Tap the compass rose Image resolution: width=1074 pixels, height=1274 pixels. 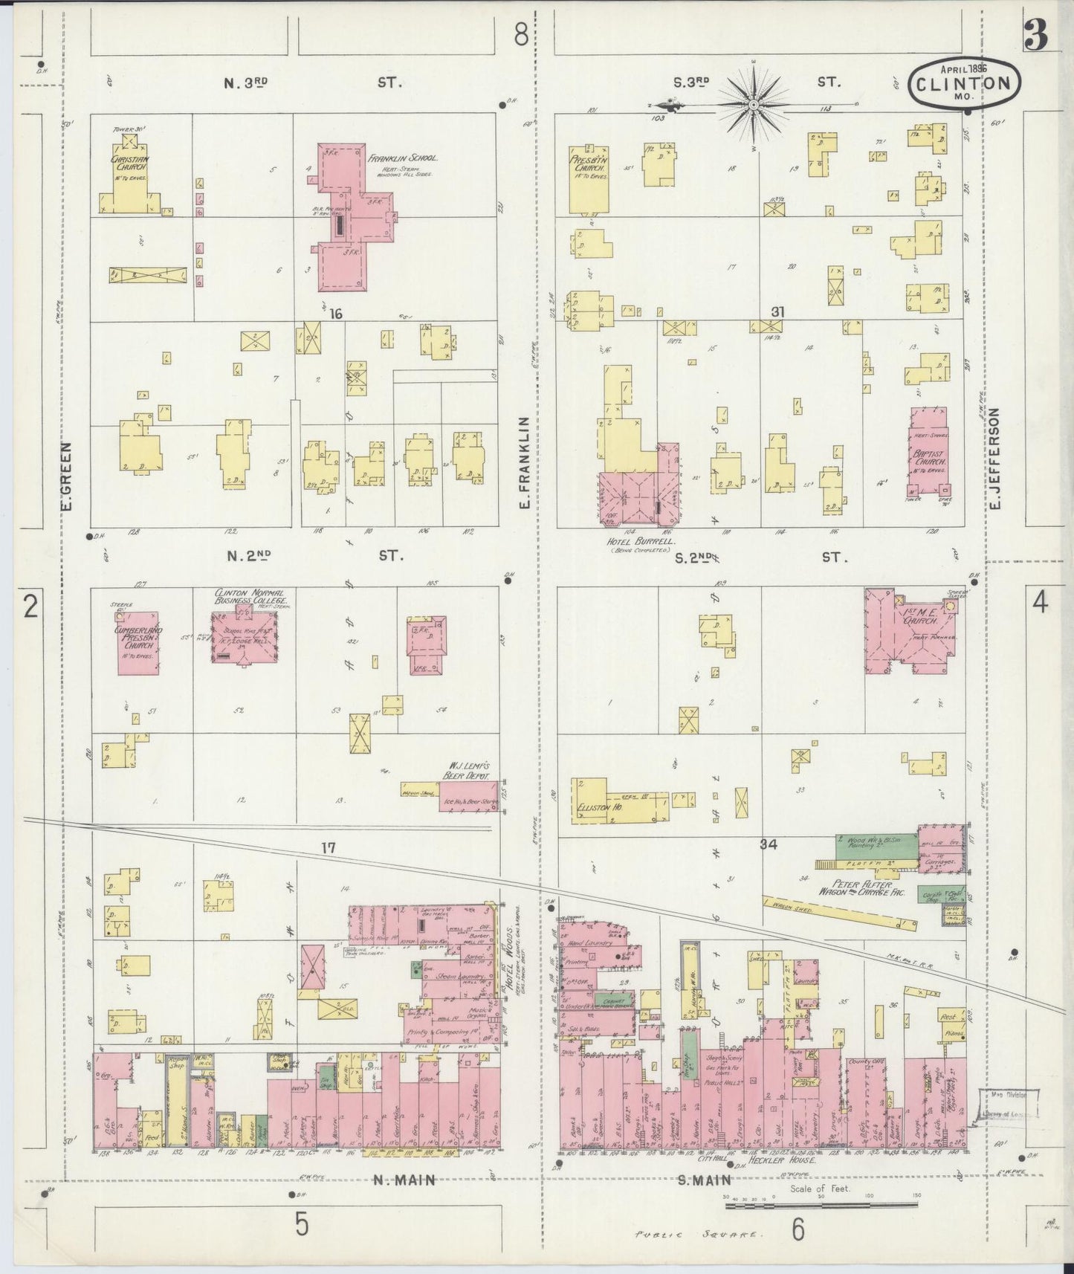point(753,106)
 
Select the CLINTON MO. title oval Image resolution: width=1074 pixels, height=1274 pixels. point(963,84)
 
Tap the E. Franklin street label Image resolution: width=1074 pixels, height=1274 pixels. point(524,462)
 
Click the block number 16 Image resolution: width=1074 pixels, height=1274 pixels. point(335,314)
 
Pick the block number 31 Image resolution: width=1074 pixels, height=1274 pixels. point(777,312)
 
